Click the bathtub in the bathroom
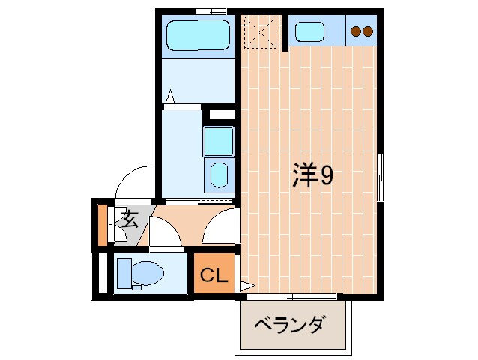[196, 34]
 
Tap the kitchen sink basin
[309, 32]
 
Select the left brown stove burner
[356, 31]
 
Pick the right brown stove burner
[367, 31]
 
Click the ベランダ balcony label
[288, 325]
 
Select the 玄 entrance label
[130, 220]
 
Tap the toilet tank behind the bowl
[124, 272]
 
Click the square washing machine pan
[219, 141]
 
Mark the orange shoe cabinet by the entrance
[103, 223]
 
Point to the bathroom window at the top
[211, 11]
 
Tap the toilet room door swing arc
[166, 232]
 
